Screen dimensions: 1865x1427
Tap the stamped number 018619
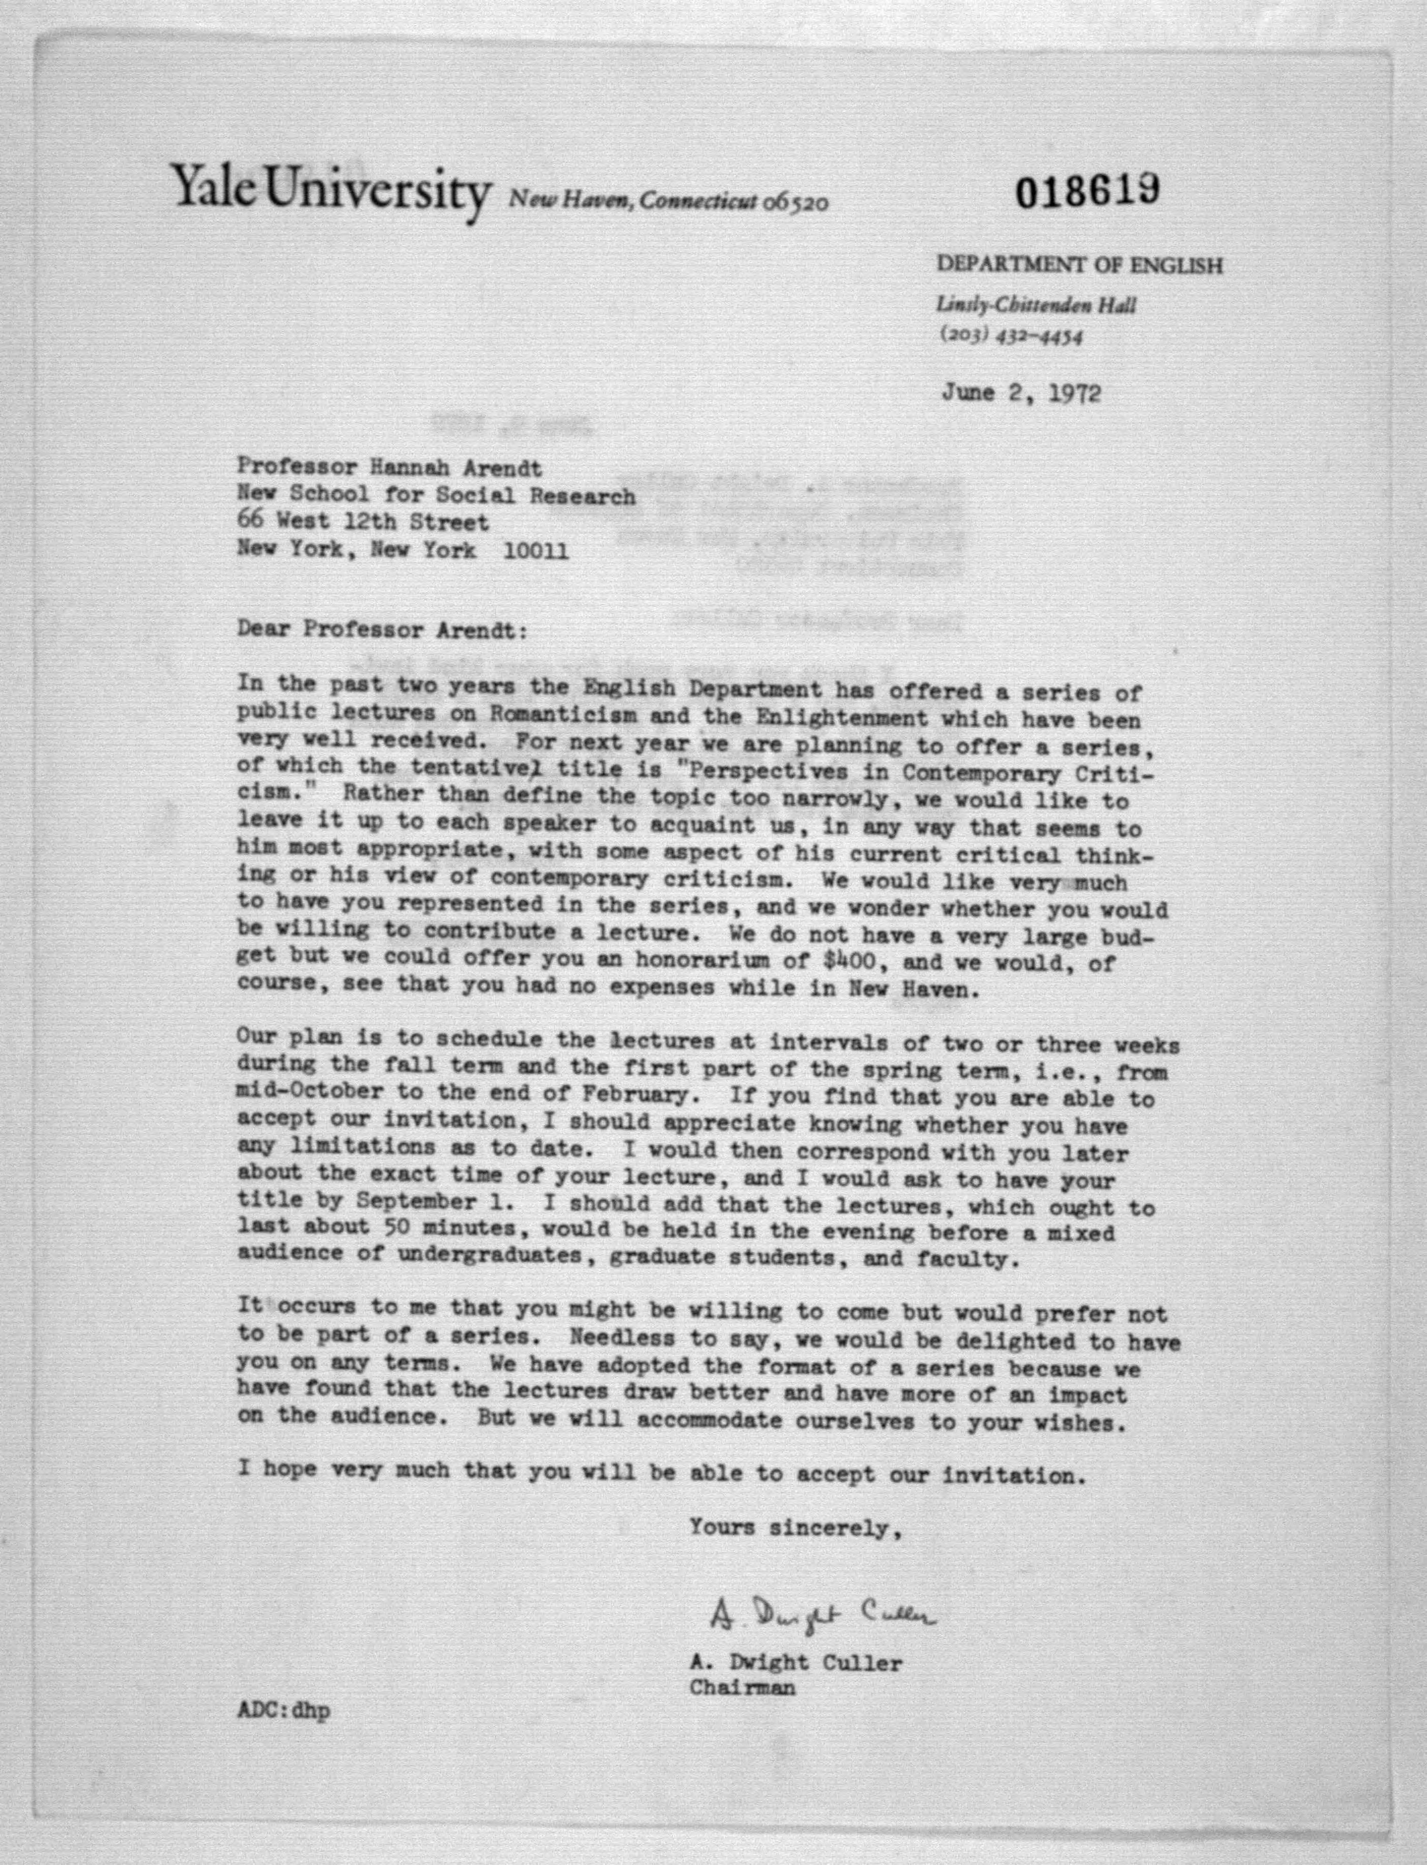click(x=1087, y=194)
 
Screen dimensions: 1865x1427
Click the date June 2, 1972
click(x=1021, y=393)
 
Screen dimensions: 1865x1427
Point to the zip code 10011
click(x=536, y=550)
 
